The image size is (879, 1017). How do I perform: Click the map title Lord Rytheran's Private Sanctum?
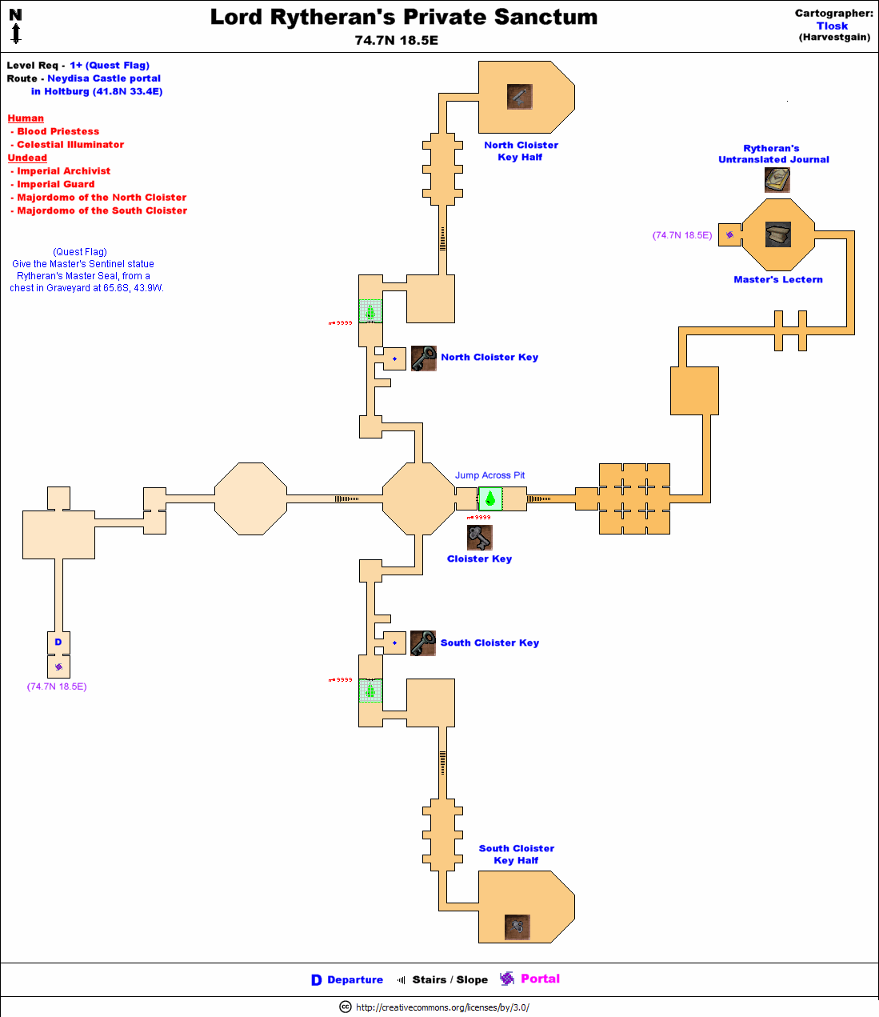403,17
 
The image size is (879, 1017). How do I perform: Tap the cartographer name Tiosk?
832,26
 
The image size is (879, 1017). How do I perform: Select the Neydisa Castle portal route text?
104,78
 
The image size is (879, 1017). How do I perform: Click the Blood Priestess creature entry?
58,131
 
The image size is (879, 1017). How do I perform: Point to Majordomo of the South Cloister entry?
102,210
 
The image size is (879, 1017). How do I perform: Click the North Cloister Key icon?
423,358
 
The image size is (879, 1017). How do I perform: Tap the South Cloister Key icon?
422,643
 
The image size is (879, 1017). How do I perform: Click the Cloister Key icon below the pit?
479,537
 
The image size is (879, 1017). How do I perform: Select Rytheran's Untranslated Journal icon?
777,180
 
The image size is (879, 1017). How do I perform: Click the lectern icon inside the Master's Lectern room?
777,234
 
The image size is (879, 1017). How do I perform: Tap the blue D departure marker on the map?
58,642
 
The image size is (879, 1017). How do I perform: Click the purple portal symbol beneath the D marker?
58,667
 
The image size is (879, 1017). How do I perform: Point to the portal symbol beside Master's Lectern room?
729,234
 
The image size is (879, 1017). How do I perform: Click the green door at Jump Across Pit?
490,498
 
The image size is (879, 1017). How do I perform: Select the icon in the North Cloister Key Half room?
519,97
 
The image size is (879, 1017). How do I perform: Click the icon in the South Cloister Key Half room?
517,927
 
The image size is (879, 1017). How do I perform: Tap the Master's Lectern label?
777,279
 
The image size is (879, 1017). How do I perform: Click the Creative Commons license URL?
442,1007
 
